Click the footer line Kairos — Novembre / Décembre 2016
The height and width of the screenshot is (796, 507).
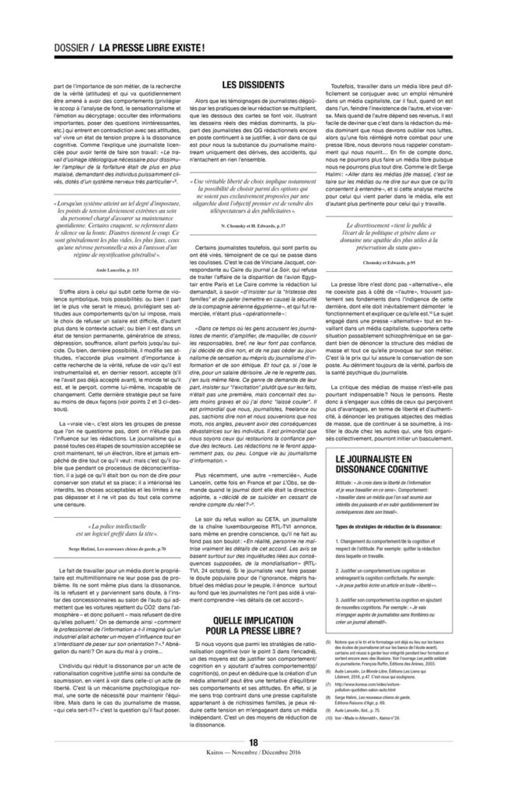coord(253,777)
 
